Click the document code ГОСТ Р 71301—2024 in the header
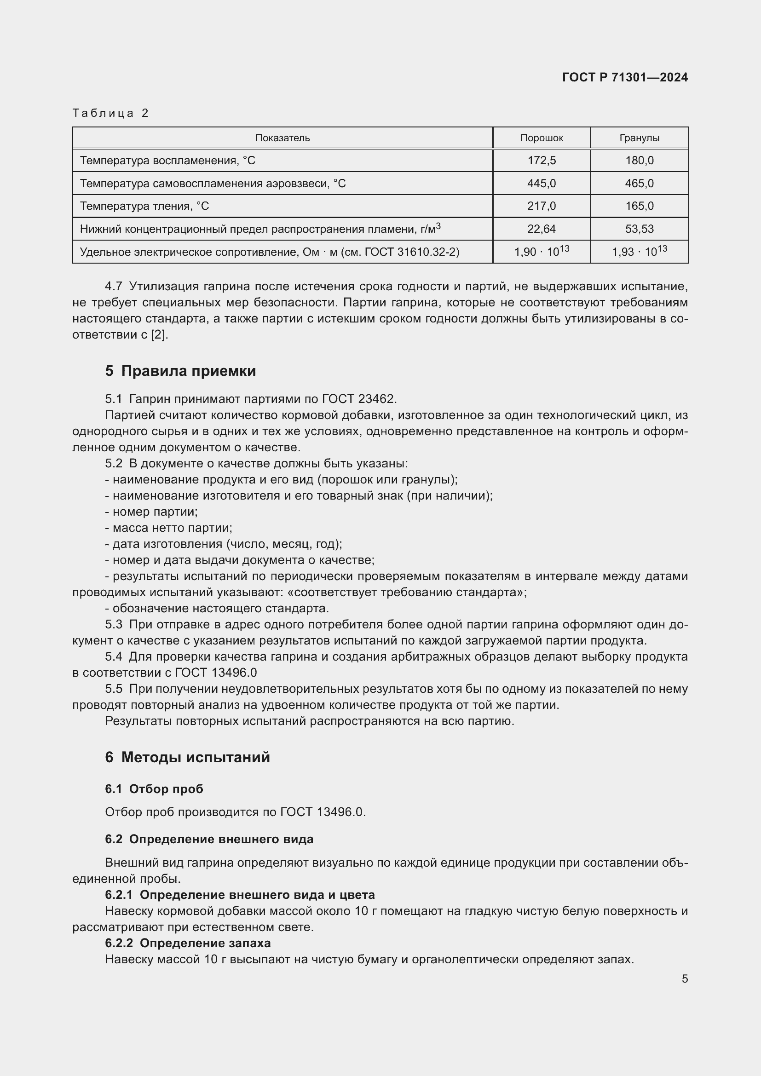(625, 77)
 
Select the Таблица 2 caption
(110, 113)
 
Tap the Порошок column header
(541, 138)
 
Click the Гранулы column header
(639, 138)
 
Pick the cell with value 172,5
(541, 160)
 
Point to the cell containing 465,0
(639, 183)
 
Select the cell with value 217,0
(541, 206)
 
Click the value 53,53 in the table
(639, 229)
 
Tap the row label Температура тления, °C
(144, 206)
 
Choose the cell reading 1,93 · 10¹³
(639, 252)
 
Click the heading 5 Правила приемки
(180, 371)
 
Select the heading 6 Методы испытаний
(187, 757)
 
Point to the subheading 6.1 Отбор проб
(154, 789)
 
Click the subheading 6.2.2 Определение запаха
(188, 943)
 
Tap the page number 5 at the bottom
(685, 979)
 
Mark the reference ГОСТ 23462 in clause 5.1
(359, 399)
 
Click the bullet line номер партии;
(151, 512)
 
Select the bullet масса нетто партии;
(169, 528)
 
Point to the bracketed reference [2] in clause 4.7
(159, 334)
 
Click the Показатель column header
(282, 138)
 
